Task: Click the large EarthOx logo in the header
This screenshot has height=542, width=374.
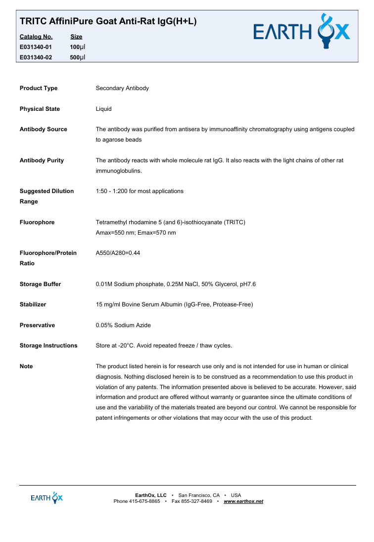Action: pos(301,32)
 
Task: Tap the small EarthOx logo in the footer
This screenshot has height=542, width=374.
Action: pos(47,497)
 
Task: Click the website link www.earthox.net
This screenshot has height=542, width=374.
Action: pos(243,501)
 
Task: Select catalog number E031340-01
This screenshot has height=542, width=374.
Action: pos(36,47)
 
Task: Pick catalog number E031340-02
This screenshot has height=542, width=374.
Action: pos(36,57)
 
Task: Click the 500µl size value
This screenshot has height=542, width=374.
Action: pos(78,57)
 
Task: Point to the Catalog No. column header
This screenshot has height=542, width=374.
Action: pos(36,37)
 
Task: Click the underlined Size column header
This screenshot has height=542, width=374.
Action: pos(76,37)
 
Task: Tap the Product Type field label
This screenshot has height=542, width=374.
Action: pos(39,88)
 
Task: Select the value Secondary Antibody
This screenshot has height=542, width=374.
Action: pos(122,88)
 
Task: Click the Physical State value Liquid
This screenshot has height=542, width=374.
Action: pos(104,109)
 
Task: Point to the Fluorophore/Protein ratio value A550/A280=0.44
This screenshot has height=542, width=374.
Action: pos(118,253)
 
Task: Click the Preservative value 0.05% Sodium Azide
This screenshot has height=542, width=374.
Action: pos(123,325)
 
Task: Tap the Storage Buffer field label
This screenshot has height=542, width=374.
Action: pos(40,284)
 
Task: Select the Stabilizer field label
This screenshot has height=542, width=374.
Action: pos(33,304)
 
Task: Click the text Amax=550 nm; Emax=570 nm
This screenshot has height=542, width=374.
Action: pos(136,233)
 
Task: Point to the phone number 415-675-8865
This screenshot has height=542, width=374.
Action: pos(144,501)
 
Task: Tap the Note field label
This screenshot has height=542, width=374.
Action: pos(26,366)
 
